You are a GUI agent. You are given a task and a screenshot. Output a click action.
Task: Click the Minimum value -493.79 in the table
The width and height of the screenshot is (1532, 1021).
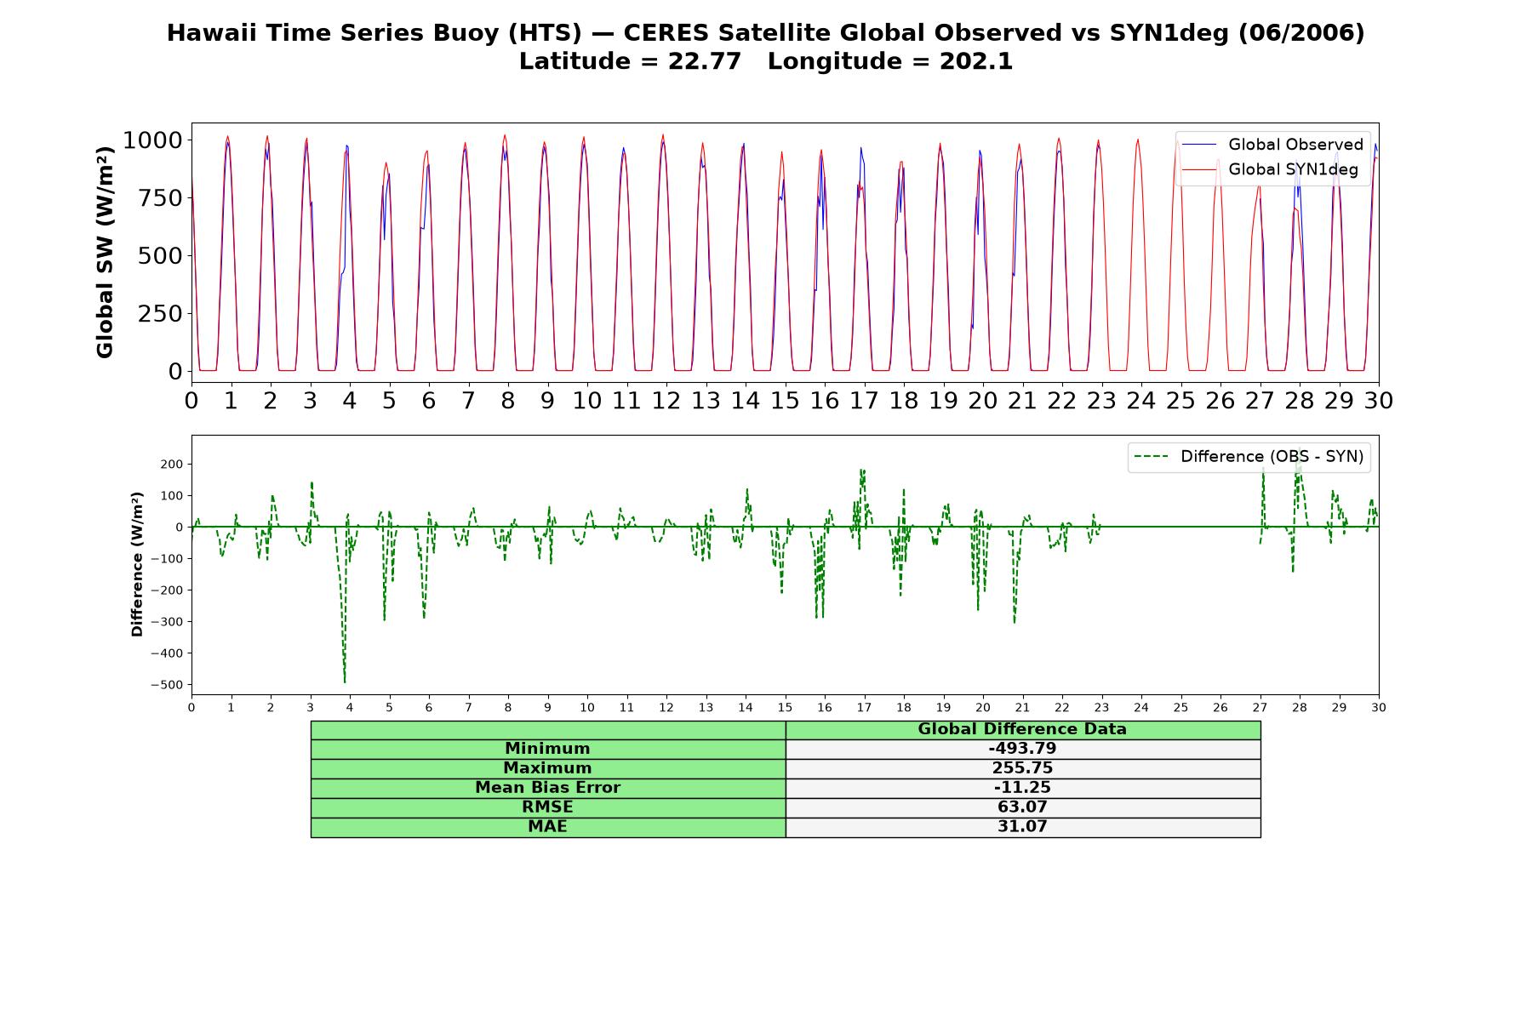tap(1022, 749)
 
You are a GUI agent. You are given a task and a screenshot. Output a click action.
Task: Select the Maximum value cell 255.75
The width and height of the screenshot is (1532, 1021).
tap(1022, 768)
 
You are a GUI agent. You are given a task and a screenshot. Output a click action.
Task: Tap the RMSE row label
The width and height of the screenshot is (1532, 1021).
tap(547, 807)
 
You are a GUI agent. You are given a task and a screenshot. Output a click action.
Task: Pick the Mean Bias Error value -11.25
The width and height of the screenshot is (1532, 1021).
tap(1022, 788)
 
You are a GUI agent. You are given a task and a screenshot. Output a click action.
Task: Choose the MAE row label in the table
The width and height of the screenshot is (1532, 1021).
tap(547, 827)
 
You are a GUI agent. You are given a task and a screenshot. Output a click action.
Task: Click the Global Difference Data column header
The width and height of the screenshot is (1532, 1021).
tap(1022, 729)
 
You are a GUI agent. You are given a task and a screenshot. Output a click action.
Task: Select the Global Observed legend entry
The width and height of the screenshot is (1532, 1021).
tap(1272, 145)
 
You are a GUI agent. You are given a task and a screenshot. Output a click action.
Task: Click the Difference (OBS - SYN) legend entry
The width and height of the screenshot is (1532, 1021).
tap(1249, 457)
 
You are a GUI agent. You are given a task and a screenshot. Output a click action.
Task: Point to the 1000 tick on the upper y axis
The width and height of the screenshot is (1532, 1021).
tap(151, 140)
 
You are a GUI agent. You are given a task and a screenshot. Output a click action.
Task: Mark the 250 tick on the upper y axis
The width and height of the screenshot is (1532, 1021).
tap(160, 313)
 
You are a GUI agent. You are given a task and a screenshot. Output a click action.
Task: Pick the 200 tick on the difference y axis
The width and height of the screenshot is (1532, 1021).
tap(172, 465)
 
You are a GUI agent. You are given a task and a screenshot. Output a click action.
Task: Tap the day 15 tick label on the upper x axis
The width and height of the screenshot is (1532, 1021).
tap(785, 401)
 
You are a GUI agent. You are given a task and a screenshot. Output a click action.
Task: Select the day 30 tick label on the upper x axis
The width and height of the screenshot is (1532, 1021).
tap(1378, 401)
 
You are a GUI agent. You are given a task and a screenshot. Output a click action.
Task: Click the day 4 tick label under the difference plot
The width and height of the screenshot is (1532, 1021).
tap(350, 708)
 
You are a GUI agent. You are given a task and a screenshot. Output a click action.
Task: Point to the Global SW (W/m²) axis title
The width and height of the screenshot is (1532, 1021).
tap(105, 253)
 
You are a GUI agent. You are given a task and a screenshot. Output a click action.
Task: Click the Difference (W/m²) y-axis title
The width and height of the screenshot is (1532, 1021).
tap(137, 565)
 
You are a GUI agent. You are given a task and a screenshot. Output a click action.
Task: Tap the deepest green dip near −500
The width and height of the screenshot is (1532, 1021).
tap(345, 682)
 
